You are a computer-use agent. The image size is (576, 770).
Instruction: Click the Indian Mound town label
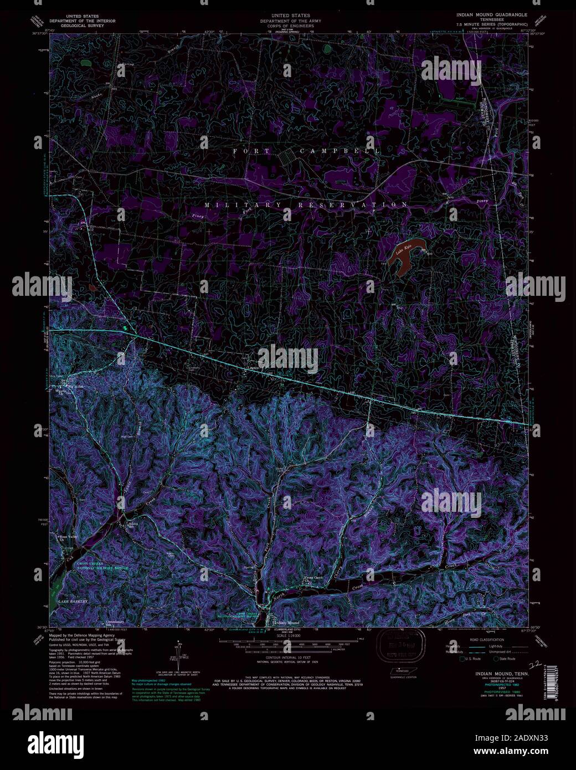tap(287, 623)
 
